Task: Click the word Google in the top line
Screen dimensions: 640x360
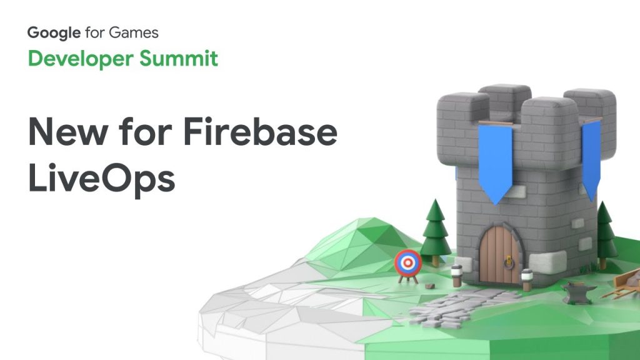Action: pyautogui.click(x=54, y=32)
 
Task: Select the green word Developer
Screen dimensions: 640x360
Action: pyautogui.click(x=81, y=59)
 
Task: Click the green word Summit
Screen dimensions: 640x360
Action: pyautogui.click(x=178, y=58)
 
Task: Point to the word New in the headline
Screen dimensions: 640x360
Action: pyautogui.click(x=68, y=131)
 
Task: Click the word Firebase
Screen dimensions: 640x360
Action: pyautogui.click(x=261, y=131)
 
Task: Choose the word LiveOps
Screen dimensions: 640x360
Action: pyautogui.click(x=102, y=178)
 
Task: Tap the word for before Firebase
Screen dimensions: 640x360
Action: pyautogui.click(x=146, y=131)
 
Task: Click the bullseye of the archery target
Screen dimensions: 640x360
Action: pyautogui.click(x=407, y=263)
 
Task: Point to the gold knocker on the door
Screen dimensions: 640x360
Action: pyautogui.click(x=509, y=262)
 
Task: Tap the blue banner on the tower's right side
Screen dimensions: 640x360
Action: pyautogui.click(x=591, y=159)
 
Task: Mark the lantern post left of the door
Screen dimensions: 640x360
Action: pyautogui.click(x=457, y=276)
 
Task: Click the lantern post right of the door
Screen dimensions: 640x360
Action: pyautogui.click(x=527, y=279)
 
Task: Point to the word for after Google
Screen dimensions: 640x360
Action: pyautogui.click(x=95, y=32)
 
